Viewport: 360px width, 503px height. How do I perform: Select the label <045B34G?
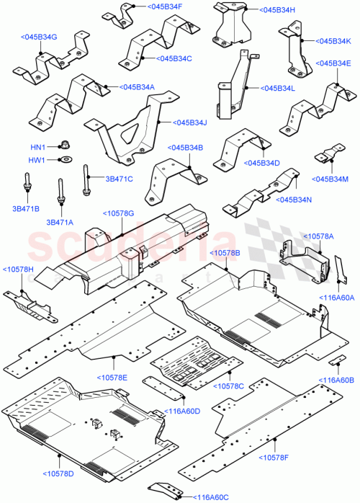[x=39, y=37]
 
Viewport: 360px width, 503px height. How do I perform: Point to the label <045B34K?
[x=330, y=40]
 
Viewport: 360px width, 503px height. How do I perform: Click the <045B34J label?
[x=186, y=123]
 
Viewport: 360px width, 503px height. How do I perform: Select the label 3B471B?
[x=25, y=208]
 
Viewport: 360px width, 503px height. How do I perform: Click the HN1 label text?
[x=37, y=147]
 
